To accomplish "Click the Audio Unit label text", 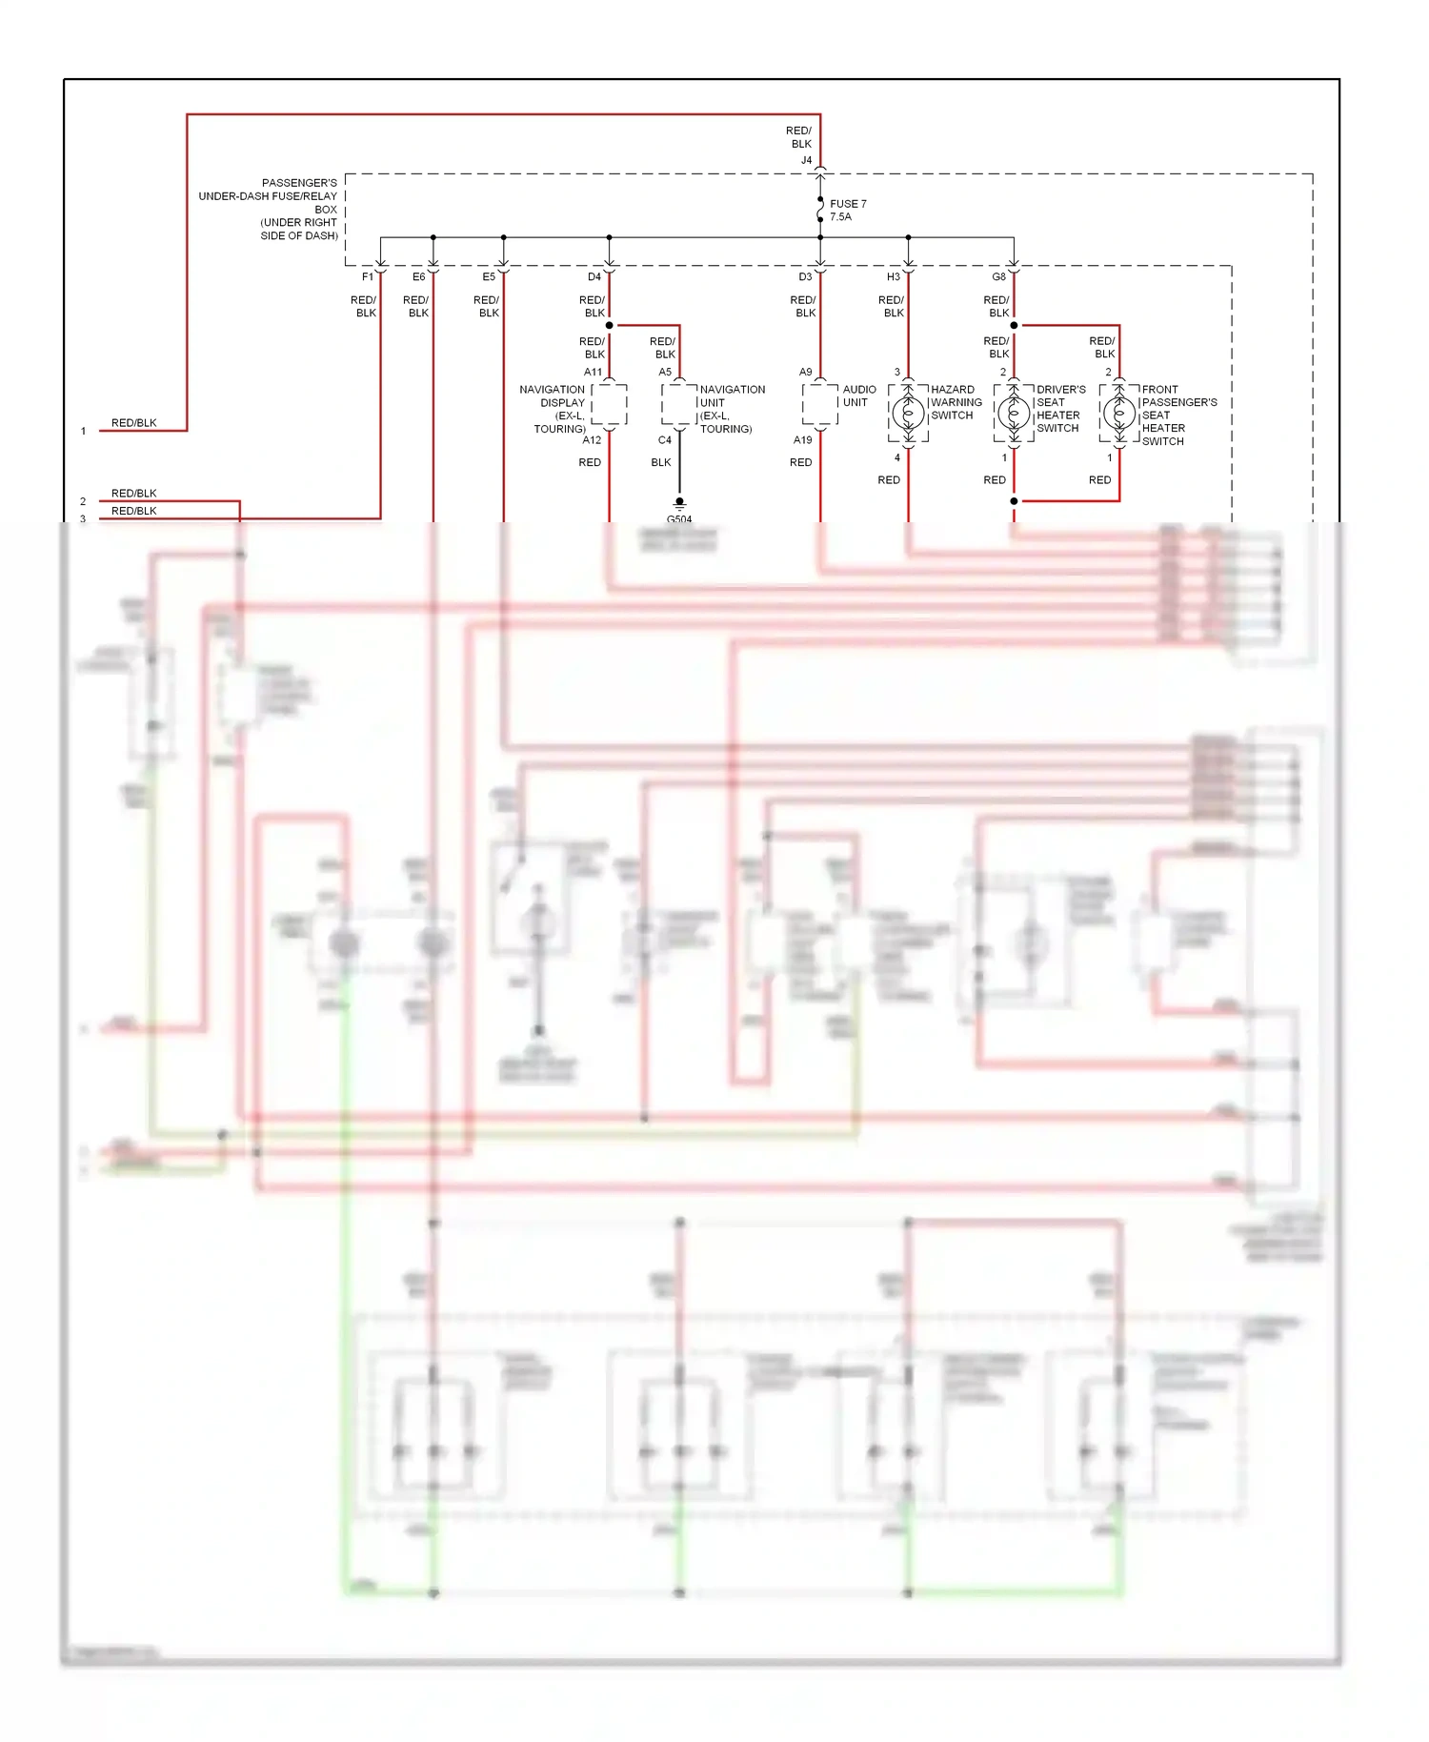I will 858,395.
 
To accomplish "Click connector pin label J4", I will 806,160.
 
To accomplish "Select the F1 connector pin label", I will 368,277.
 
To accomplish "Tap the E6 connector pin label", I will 418,277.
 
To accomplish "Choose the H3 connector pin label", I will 893,277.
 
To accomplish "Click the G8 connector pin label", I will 998,277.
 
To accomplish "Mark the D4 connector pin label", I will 594,277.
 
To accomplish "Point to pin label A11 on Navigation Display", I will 593,372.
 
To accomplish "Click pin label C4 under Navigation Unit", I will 665,440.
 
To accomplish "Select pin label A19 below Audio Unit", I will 803,440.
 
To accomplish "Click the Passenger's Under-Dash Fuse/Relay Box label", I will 270,209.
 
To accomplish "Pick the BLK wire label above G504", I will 661,462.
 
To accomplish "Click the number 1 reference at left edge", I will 84,431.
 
